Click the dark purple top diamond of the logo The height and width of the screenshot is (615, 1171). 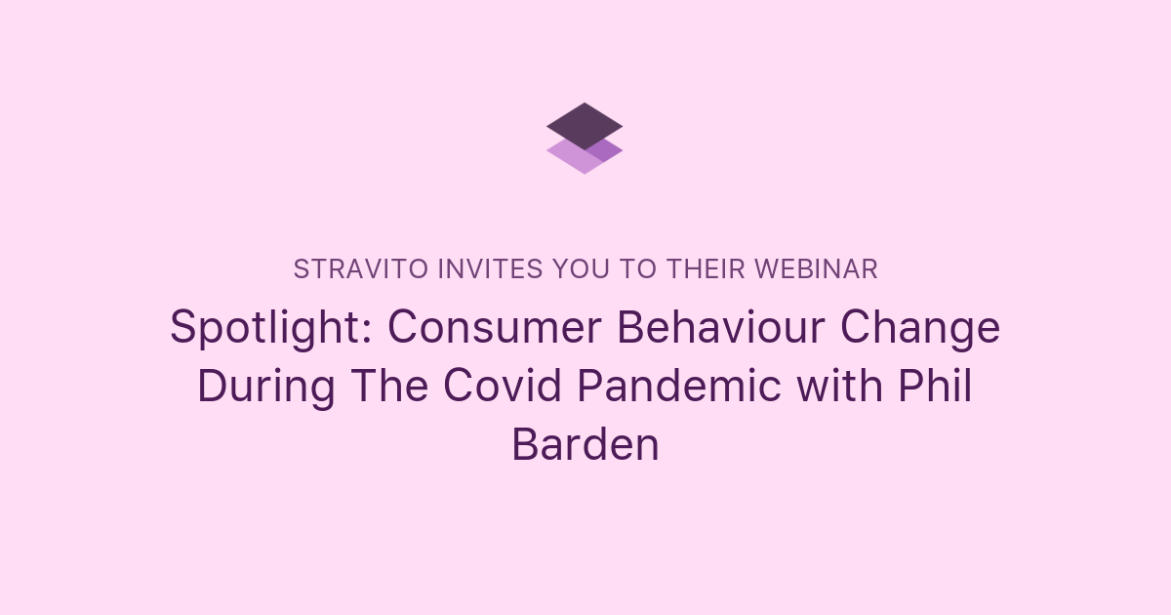(585, 124)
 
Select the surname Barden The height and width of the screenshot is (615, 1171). (585, 445)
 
